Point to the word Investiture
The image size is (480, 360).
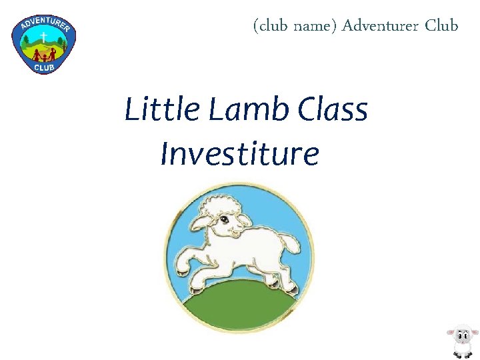click(x=239, y=154)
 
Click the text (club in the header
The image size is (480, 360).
click(x=270, y=26)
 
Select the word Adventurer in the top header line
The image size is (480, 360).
click(x=380, y=26)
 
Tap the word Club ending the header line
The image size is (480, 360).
click(x=441, y=26)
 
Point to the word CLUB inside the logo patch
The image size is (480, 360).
click(x=44, y=66)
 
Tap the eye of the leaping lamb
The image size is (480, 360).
click(x=225, y=219)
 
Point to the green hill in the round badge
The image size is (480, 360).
click(x=240, y=307)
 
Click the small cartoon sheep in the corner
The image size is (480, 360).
click(x=461, y=341)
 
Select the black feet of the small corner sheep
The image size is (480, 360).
click(x=461, y=355)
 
